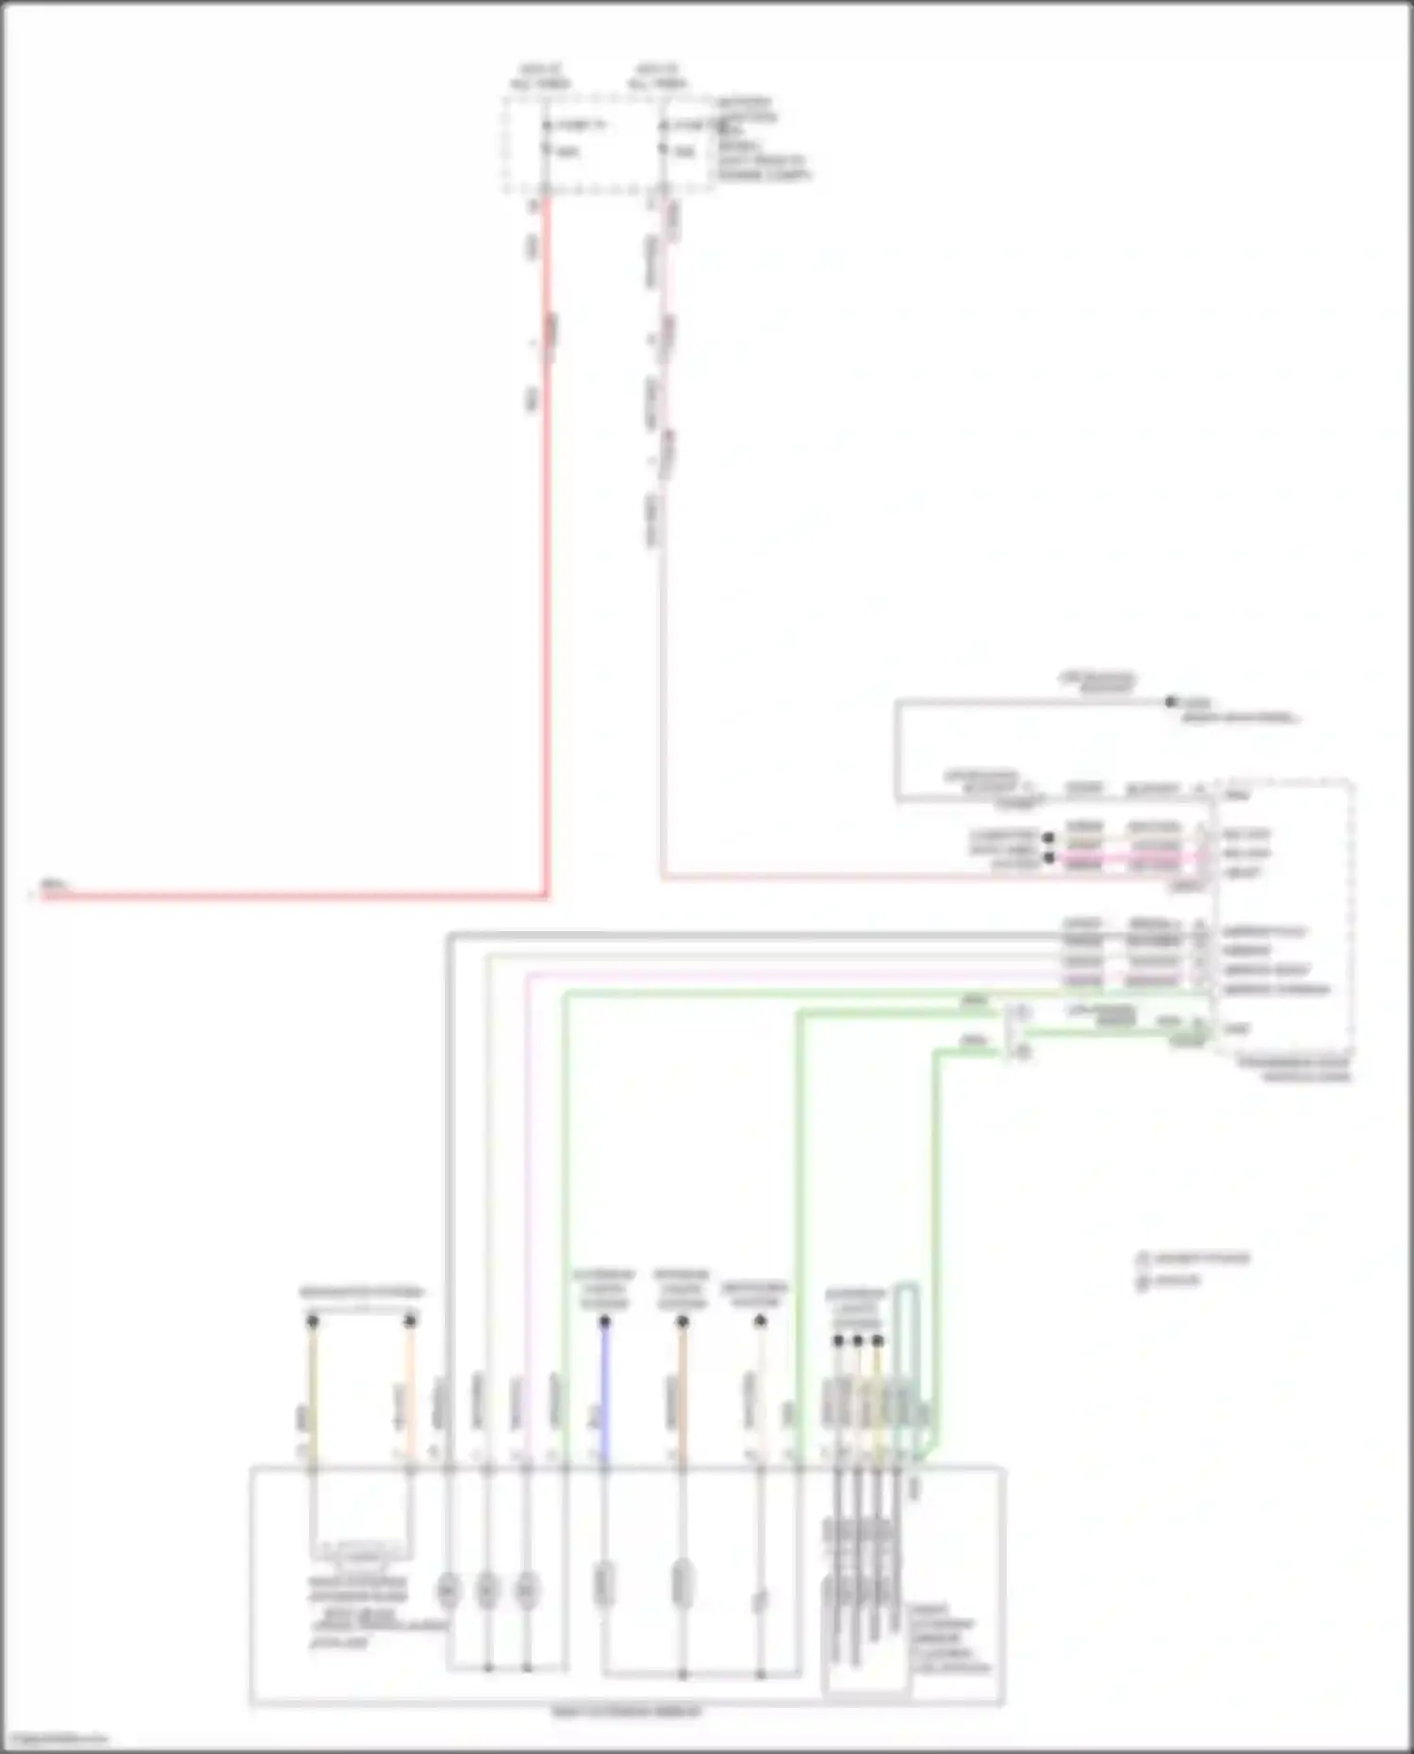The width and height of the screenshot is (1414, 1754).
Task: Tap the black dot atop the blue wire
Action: pos(604,1321)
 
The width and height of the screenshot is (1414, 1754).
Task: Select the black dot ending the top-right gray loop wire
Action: pos(1171,702)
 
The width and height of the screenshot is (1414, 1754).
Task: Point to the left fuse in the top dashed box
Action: pos(546,138)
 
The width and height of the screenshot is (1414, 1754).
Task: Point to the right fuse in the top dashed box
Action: pos(664,138)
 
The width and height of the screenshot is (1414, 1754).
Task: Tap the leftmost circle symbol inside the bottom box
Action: pos(448,1590)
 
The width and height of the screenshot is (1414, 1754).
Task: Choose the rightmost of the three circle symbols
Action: pos(526,1590)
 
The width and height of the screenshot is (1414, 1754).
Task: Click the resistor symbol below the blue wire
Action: pos(604,1583)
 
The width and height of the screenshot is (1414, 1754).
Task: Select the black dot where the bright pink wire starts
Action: pos(1047,858)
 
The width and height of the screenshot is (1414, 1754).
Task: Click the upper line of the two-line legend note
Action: pos(1193,1258)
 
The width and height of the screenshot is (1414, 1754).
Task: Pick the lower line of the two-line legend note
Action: pos(1169,1281)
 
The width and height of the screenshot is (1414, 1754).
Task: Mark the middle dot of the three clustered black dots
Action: pos(857,1340)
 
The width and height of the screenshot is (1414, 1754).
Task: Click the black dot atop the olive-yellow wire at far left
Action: pos(312,1321)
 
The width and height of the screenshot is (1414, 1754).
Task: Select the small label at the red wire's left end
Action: pos(53,886)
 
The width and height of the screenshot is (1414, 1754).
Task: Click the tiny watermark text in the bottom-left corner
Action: pos(55,1740)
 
